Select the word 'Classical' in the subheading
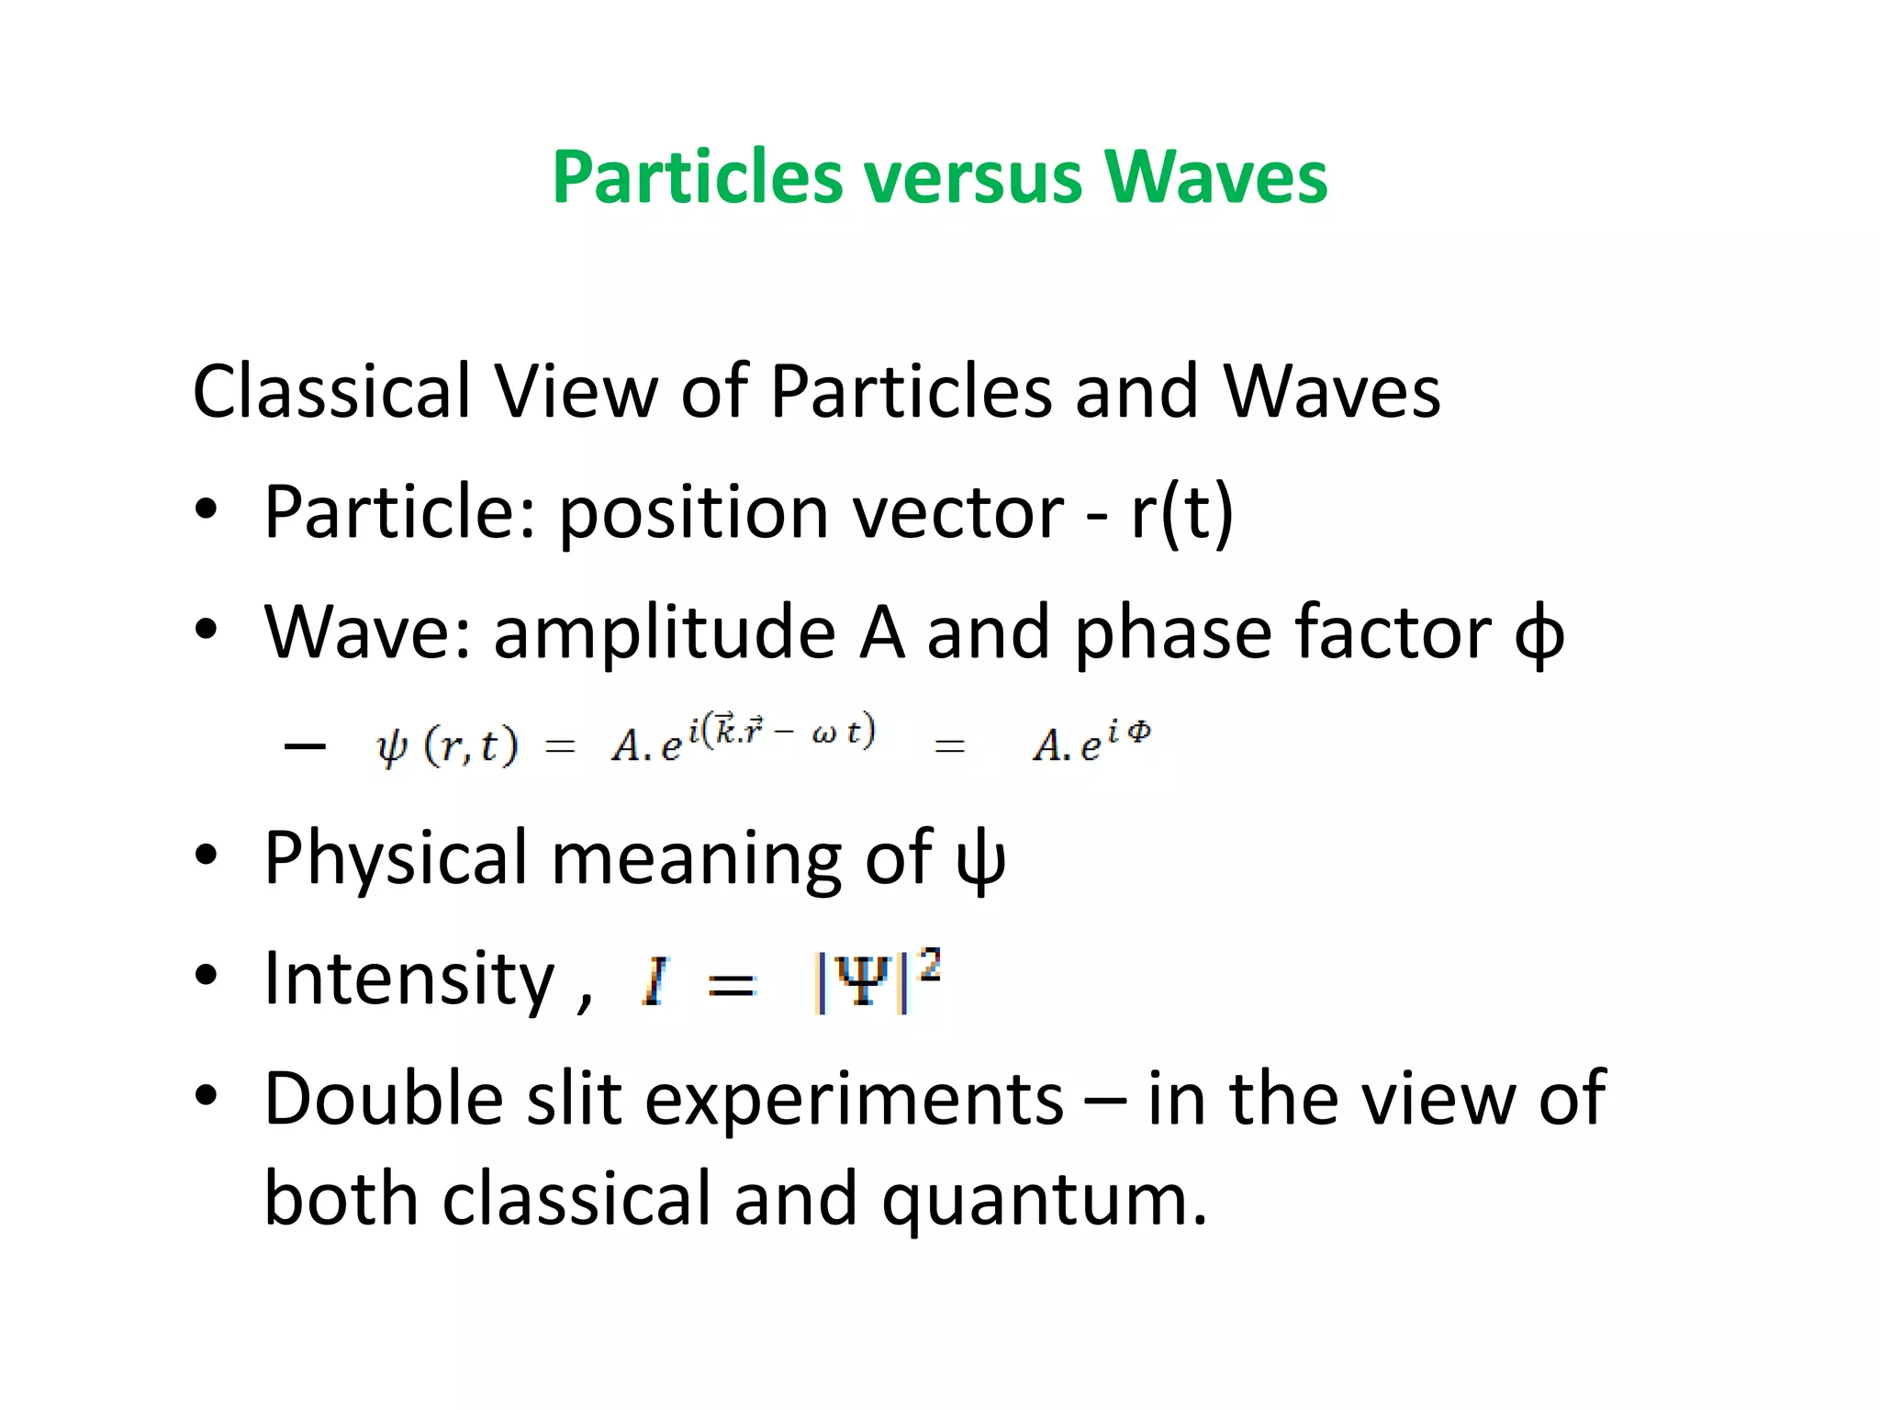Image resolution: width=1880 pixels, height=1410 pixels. click(330, 392)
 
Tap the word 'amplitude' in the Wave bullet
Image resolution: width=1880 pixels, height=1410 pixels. click(665, 633)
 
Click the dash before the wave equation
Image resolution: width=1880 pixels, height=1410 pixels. click(306, 745)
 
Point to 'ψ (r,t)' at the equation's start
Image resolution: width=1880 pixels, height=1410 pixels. click(447, 745)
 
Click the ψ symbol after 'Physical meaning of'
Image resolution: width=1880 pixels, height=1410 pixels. click(980, 860)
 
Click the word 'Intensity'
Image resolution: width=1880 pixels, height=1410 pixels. click(409, 979)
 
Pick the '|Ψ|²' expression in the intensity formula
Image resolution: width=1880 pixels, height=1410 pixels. click(877, 981)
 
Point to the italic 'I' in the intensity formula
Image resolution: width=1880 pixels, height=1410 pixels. click(655, 982)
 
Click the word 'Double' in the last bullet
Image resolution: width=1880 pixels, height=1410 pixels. click(384, 1100)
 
